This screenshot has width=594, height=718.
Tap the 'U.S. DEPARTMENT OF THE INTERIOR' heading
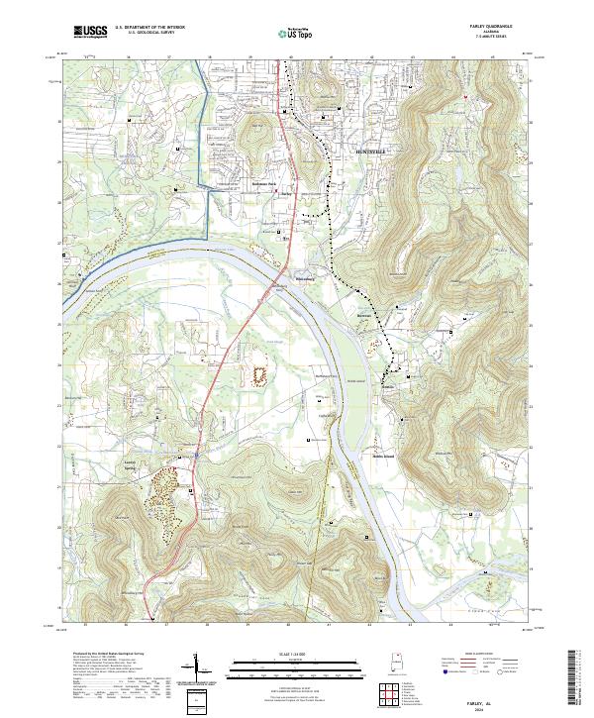coord(149,27)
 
